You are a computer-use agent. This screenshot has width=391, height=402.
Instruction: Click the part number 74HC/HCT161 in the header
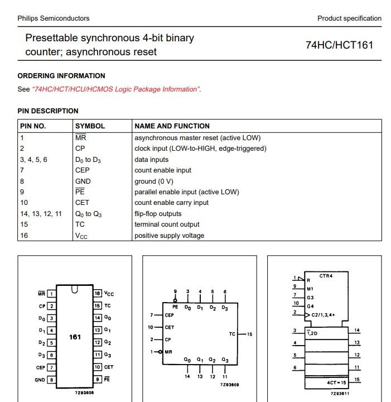[x=339, y=45]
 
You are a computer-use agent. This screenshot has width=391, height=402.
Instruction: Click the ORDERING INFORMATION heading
[x=61, y=76]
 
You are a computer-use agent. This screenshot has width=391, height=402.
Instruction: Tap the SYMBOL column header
[x=90, y=126]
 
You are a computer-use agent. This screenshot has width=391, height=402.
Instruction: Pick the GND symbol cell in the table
[x=83, y=181]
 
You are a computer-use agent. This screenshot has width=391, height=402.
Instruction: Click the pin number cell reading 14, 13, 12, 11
[x=41, y=214]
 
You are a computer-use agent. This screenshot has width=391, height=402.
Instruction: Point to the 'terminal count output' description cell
[x=167, y=224]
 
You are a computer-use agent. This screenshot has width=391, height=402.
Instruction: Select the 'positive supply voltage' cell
[x=169, y=236]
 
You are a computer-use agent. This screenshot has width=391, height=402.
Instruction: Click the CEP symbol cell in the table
[x=82, y=170]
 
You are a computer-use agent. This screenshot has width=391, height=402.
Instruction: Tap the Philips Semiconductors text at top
[x=54, y=18]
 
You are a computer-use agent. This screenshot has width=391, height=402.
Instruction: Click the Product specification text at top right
[x=349, y=18]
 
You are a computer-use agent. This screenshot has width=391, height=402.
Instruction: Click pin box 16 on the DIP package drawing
[x=98, y=294]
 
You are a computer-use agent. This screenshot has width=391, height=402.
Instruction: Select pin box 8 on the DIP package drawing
[x=52, y=380]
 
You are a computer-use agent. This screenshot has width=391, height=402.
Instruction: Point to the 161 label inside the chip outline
[x=75, y=337]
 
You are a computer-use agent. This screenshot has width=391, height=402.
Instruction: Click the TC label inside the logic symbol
[x=232, y=334]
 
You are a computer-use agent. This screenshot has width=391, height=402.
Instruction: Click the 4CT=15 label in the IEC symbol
[x=337, y=382]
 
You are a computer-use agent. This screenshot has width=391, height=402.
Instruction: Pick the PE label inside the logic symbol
[x=175, y=308]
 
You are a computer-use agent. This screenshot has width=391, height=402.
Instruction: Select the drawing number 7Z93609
[x=230, y=385]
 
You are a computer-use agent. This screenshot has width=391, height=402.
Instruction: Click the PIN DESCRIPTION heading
[x=48, y=111]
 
